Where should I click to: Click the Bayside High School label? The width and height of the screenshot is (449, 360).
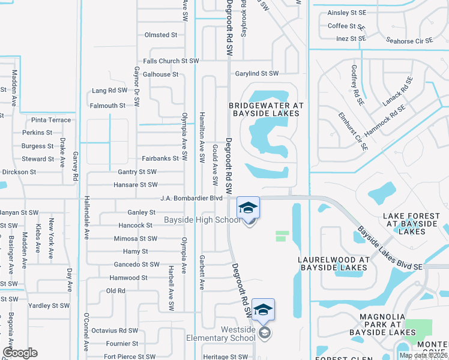tap(202, 220)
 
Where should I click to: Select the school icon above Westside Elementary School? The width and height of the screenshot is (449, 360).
tap(263, 310)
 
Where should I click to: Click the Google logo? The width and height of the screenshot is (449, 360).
tap(20, 353)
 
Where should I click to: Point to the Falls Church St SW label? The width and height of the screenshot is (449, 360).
tap(170, 61)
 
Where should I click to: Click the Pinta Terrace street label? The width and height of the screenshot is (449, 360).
tap(51, 120)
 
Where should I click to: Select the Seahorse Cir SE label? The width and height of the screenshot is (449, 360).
tap(409, 41)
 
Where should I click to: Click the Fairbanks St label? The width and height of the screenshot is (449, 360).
tap(160, 158)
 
